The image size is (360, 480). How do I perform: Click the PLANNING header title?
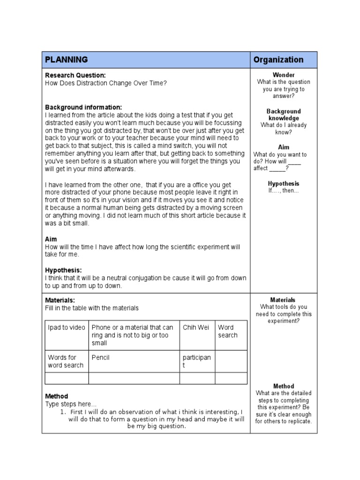pos(66,60)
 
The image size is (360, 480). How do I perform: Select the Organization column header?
pos(278,60)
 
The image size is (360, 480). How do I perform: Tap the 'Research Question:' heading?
pos(75,75)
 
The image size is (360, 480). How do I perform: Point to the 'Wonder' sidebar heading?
pos(284,75)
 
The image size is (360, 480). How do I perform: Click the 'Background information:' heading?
pos(83,107)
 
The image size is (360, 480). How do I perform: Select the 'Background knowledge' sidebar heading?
pos(284,115)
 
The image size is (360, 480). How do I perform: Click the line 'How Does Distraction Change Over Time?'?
pos(106,83)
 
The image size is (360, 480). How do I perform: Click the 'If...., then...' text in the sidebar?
pos(284,191)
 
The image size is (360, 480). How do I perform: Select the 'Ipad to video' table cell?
pos(67,328)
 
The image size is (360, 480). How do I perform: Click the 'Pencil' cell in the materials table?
pos(101,358)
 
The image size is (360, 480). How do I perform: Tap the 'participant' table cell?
pos(196,361)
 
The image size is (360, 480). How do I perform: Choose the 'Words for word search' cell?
pos(66,361)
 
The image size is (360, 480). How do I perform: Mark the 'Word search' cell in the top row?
pos(228,331)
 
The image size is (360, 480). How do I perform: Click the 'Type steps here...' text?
pos(71,404)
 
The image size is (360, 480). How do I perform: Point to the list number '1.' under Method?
pos(63,412)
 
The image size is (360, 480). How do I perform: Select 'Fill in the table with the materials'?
pos(92,308)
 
